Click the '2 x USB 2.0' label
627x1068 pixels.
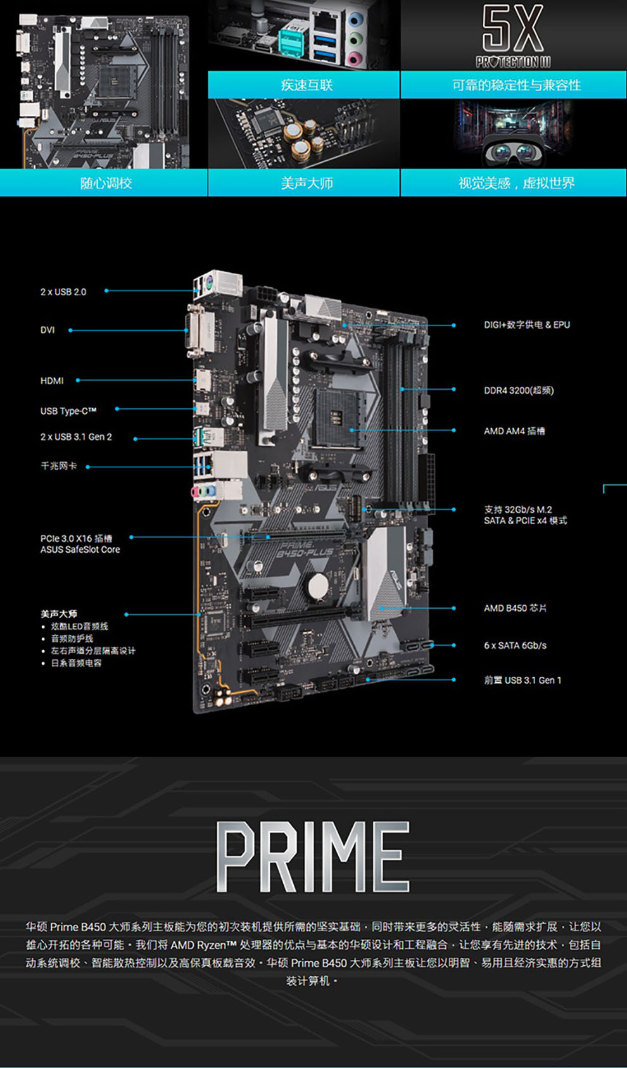click(x=63, y=292)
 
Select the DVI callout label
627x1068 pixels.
click(x=47, y=330)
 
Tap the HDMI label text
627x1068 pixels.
click(x=52, y=380)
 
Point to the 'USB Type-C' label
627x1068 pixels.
click(x=68, y=411)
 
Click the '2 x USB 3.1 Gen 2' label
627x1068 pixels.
click(x=76, y=437)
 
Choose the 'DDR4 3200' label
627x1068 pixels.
click(x=519, y=390)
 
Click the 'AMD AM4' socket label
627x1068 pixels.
click(x=514, y=431)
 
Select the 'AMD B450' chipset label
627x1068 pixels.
click(x=515, y=608)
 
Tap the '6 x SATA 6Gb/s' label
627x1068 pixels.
click(x=515, y=645)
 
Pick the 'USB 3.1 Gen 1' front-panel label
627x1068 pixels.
click(x=522, y=680)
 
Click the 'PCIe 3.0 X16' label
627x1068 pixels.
click(x=76, y=539)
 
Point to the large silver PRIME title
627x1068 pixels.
click(x=313, y=857)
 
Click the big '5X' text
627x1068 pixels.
click(x=513, y=28)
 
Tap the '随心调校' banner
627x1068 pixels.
click(x=106, y=183)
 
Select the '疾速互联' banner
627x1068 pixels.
click(x=307, y=85)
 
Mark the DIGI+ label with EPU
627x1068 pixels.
click(x=527, y=325)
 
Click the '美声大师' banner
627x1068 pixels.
click(x=307, y=183)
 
